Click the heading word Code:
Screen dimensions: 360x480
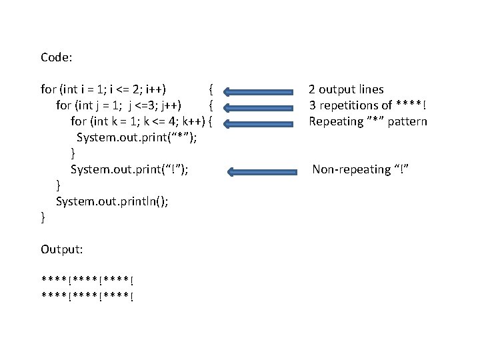57,57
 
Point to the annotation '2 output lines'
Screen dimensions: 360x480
345,89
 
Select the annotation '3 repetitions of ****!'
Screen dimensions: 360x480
367,105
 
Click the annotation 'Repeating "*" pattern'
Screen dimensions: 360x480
367,121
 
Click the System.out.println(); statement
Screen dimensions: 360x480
112,201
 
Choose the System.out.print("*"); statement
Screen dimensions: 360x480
139,137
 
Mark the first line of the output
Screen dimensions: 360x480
86,280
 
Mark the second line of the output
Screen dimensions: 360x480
86,297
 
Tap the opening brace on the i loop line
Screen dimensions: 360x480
210,89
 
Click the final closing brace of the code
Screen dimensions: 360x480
43,217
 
